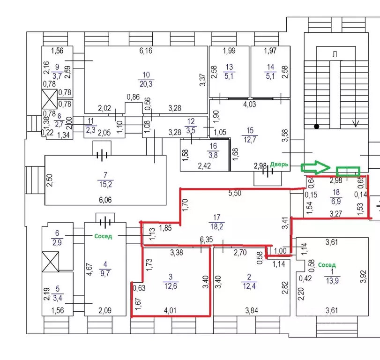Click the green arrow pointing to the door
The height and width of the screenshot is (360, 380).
[316, 167]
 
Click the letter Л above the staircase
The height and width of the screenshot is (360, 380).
[335, 54]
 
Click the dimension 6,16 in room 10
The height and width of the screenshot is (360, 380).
[146, 51]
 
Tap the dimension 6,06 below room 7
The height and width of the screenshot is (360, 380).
[105, 199]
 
